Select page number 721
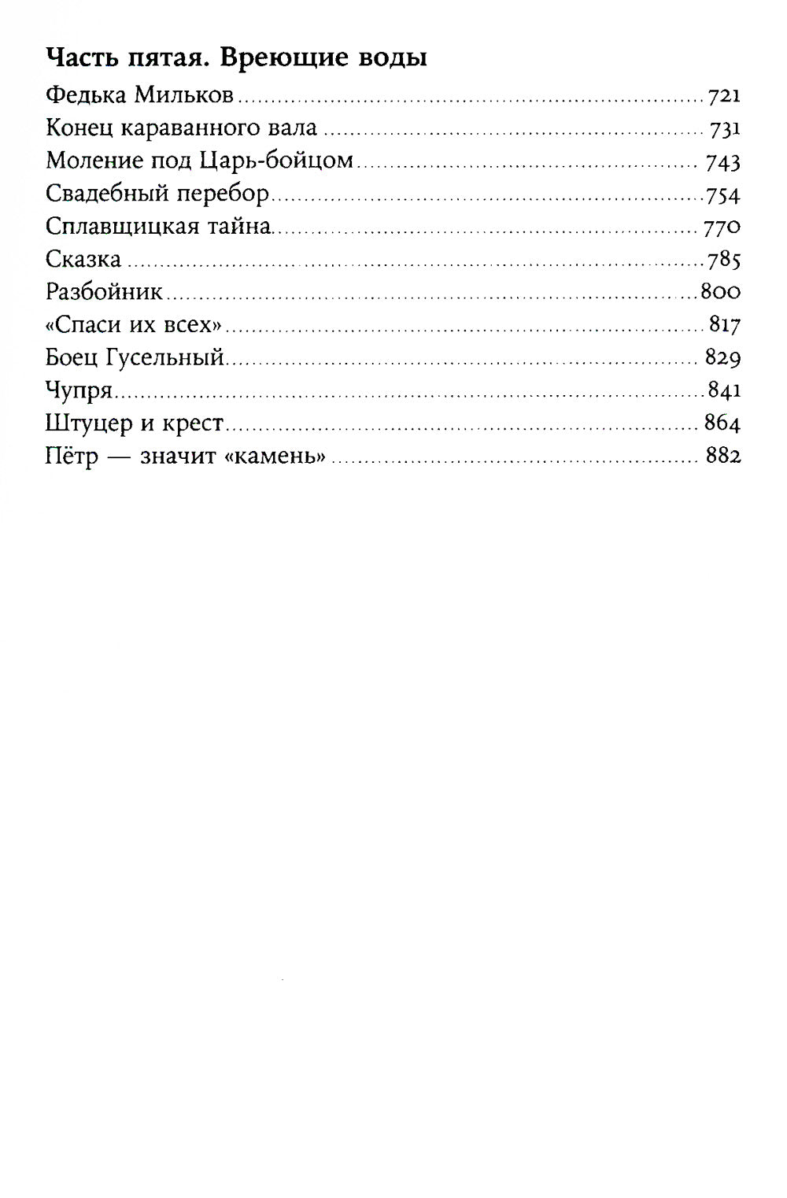pos(724,97)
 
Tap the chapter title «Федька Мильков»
pos(140,96)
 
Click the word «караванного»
pos(196,129)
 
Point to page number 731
pos(724,130)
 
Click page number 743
pos(723,163)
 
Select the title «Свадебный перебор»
pos(157,194)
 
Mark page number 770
pos(722,228)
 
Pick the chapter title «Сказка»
pos(83,260)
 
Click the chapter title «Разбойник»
pos(104,293)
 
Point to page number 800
pos(720,293)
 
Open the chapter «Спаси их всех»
pos(133,325)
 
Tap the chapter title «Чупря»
pos(80,391)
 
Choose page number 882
pos(723,457)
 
